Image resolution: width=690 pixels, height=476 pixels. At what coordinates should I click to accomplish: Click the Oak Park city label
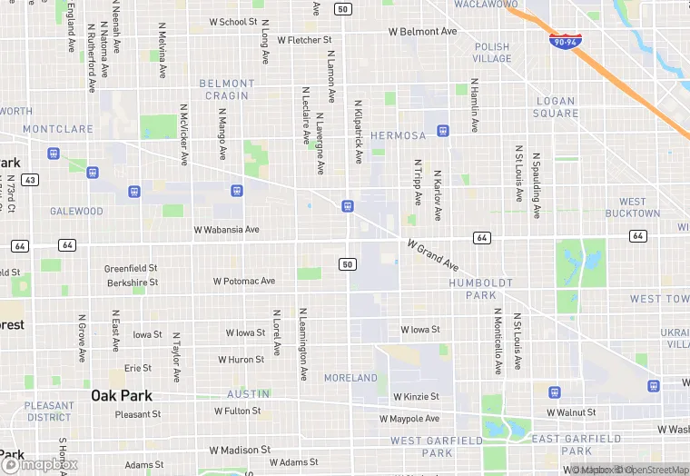[x=122, y=395]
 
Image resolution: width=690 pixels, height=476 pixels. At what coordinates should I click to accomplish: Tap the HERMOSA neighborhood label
[x=398, y=135]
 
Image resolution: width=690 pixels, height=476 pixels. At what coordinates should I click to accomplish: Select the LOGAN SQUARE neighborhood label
[x=557, y=107]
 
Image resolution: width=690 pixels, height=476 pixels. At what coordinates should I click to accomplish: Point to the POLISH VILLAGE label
[x=492, y=53]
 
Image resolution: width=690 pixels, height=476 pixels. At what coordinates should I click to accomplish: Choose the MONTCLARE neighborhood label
[x=58, y=130]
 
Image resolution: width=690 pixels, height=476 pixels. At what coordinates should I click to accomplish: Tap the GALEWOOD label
[x=76, y=212]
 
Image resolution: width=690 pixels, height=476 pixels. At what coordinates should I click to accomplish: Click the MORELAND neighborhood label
[x=350, y=378]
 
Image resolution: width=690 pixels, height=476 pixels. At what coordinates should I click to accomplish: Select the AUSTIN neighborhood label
[x=248, y=394]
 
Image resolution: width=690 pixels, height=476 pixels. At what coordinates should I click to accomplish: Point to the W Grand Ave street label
[x=433, y=258]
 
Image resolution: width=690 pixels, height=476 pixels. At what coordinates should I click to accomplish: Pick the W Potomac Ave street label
[x=243, y=282]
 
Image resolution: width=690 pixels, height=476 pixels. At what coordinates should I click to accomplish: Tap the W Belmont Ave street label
[x=422, y=32]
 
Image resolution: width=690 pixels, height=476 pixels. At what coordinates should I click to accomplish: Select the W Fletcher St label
[x=304, y=40]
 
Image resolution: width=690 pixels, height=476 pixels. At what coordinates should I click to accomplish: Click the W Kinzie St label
[x=416, y=397]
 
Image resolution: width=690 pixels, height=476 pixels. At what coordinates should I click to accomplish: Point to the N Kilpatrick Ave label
[x=359, y=132]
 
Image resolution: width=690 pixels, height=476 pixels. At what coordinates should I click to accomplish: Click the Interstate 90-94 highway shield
[x=566, y=42]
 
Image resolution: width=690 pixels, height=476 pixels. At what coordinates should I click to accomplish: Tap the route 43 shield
[x=31, y=180]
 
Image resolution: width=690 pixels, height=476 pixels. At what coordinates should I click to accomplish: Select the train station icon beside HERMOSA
[x=442, y=131]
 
